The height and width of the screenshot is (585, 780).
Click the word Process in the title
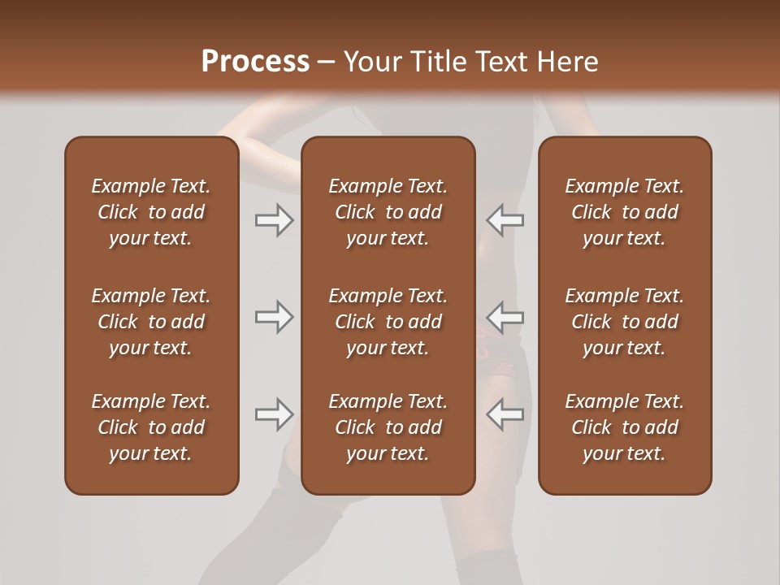click(255, 62)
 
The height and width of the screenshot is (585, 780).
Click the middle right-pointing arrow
click(274, 317)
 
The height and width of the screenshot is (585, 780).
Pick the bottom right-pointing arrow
click(274, 414)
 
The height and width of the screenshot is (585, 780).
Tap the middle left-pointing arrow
click(505, 317)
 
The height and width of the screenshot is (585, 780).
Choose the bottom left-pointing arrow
click(505, 414)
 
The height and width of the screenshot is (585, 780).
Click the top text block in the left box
click(151, 212)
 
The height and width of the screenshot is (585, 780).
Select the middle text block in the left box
click(151, 322)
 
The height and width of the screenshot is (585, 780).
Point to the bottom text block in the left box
click(151, 427)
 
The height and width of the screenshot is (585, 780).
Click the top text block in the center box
click(388, 212)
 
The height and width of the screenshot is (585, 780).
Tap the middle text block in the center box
click(388, 322)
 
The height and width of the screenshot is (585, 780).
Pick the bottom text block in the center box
click(388, 427)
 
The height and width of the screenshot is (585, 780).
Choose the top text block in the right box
click(624, 212)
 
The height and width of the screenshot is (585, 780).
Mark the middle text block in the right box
click(624, 322)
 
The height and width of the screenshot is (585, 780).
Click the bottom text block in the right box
click(624, 427)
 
